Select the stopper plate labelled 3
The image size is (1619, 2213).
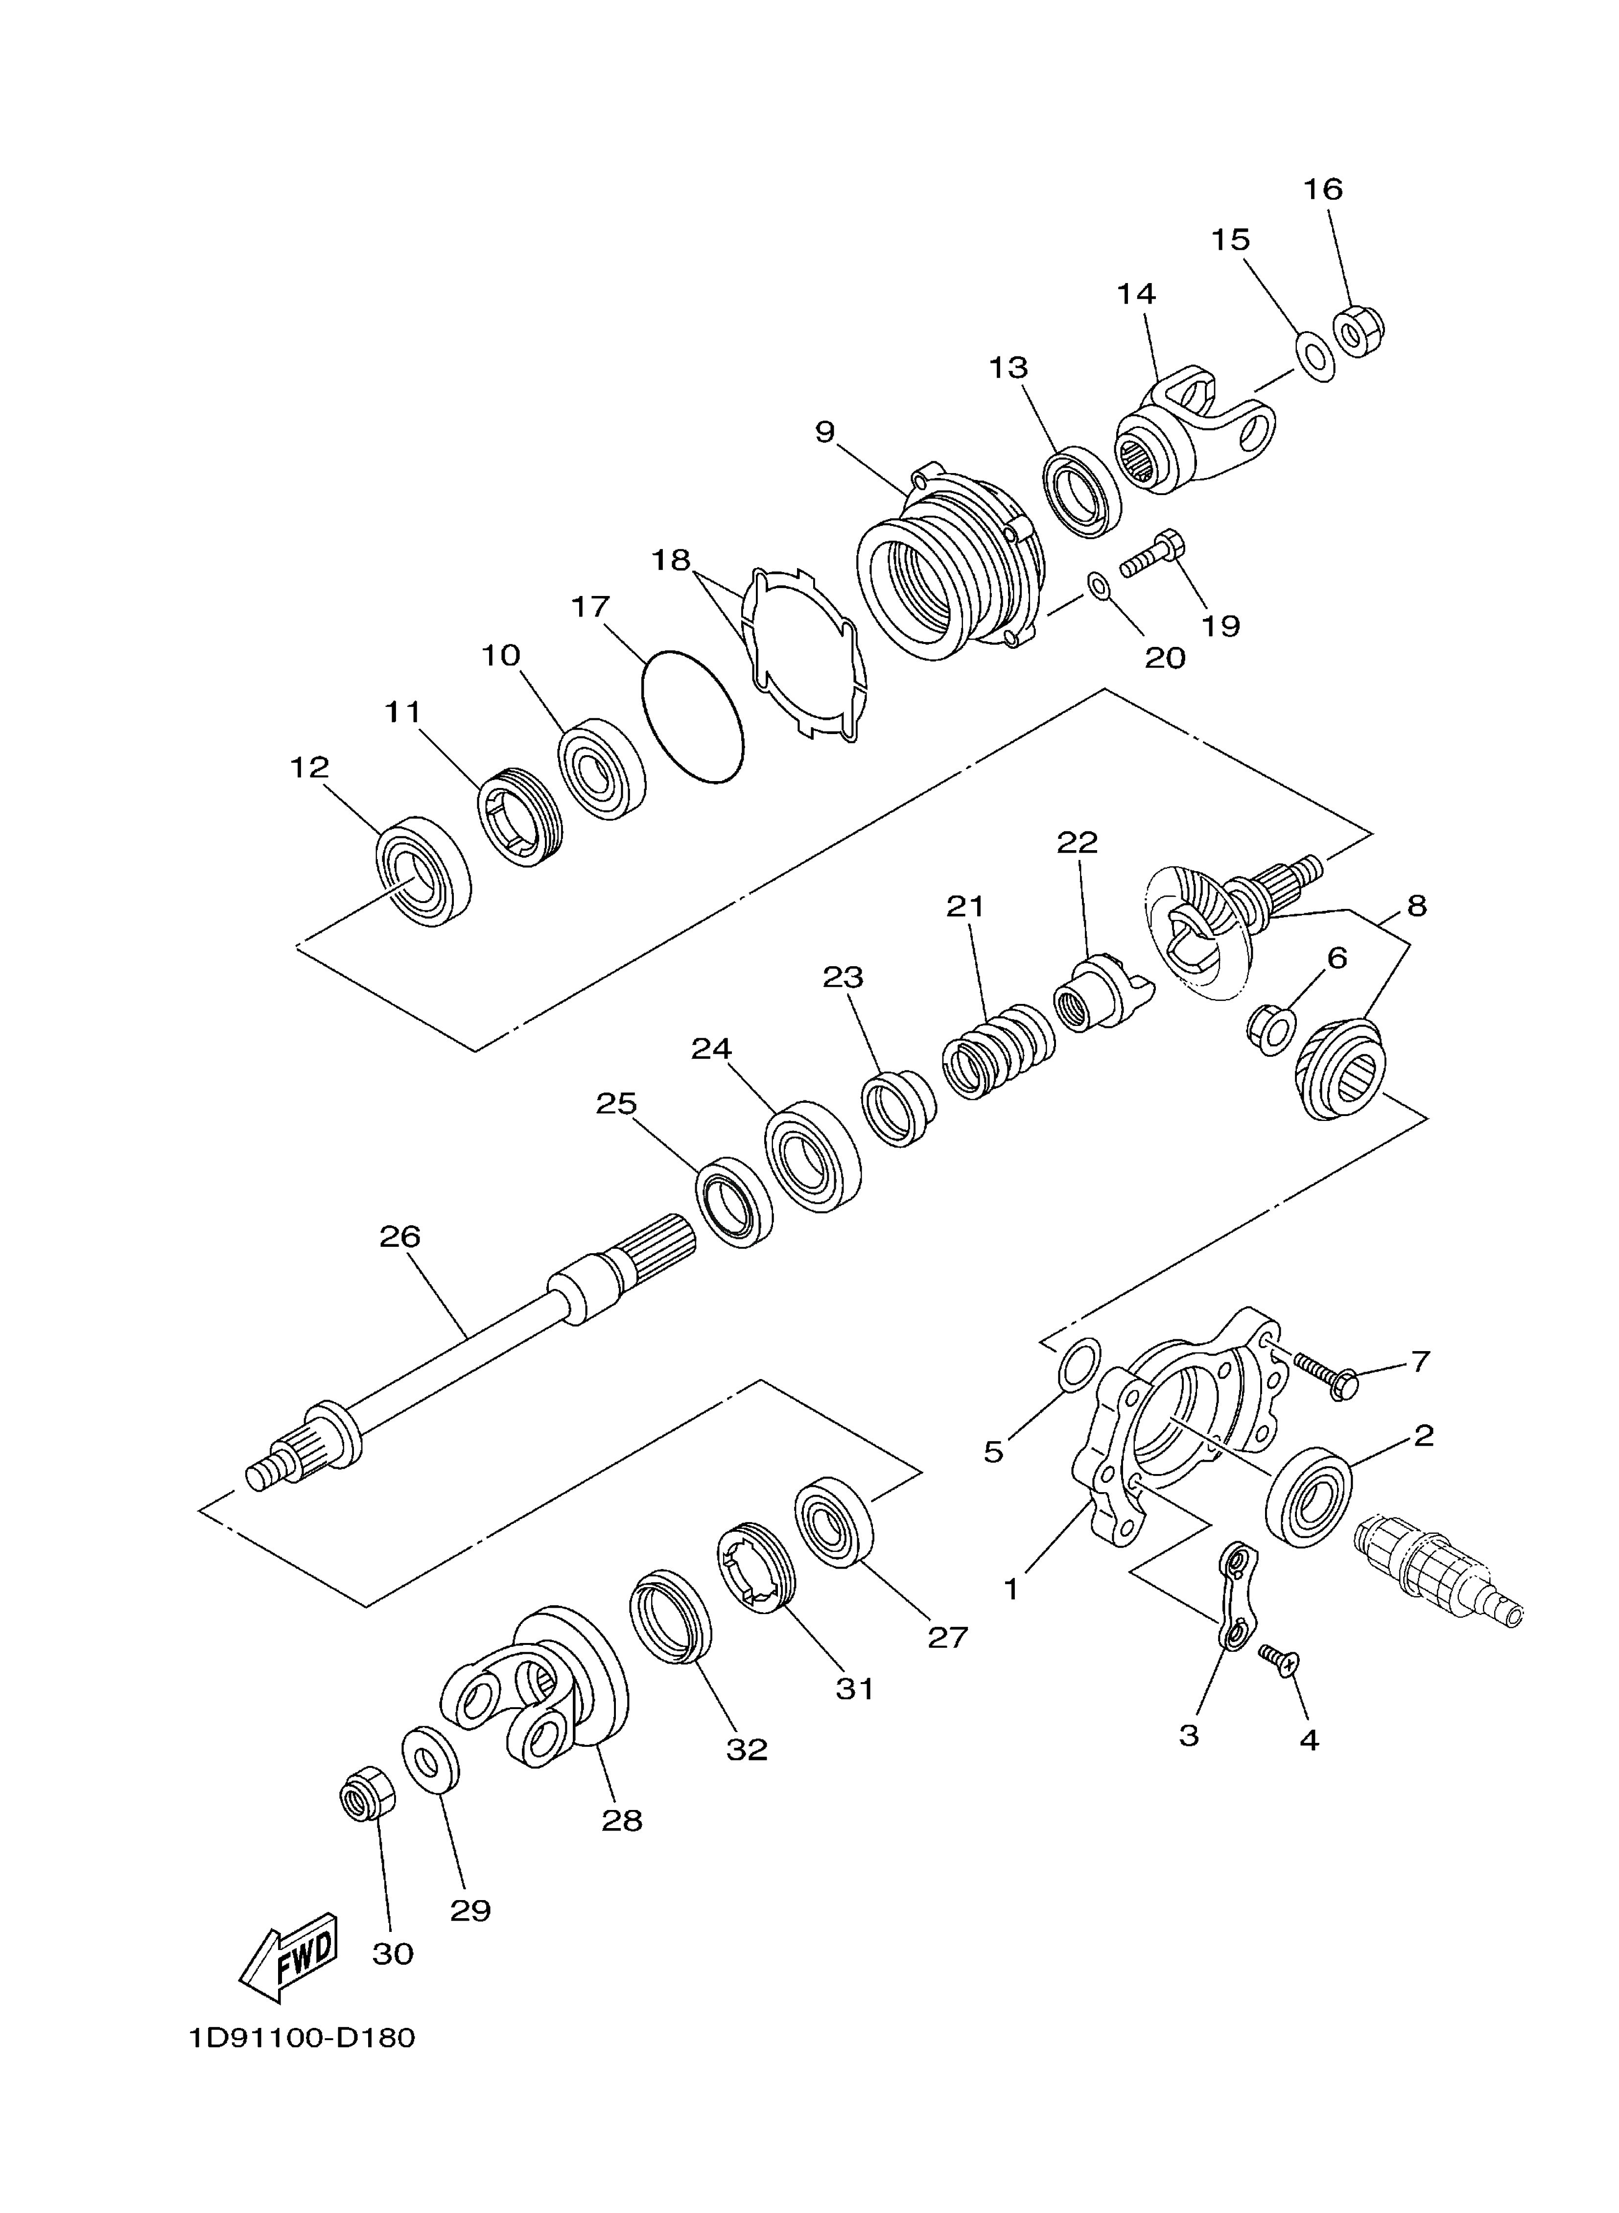1237,1594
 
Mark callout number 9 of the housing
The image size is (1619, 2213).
825,432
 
